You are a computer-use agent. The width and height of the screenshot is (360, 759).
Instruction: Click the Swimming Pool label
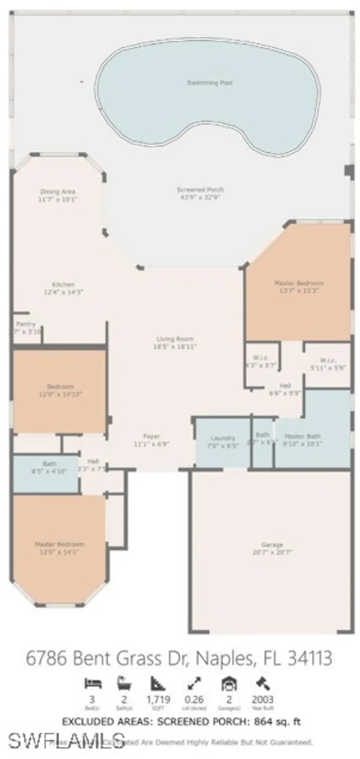click(x=210, y=82)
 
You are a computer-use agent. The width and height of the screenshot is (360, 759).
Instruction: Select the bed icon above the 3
click(x=93, y=684)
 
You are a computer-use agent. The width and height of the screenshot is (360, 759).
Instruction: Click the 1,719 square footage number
click(x=158, y=700)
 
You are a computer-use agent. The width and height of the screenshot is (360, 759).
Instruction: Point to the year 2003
click(x=262, y=700)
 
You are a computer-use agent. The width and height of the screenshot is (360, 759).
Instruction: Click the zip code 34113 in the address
click(x=309, y=658)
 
